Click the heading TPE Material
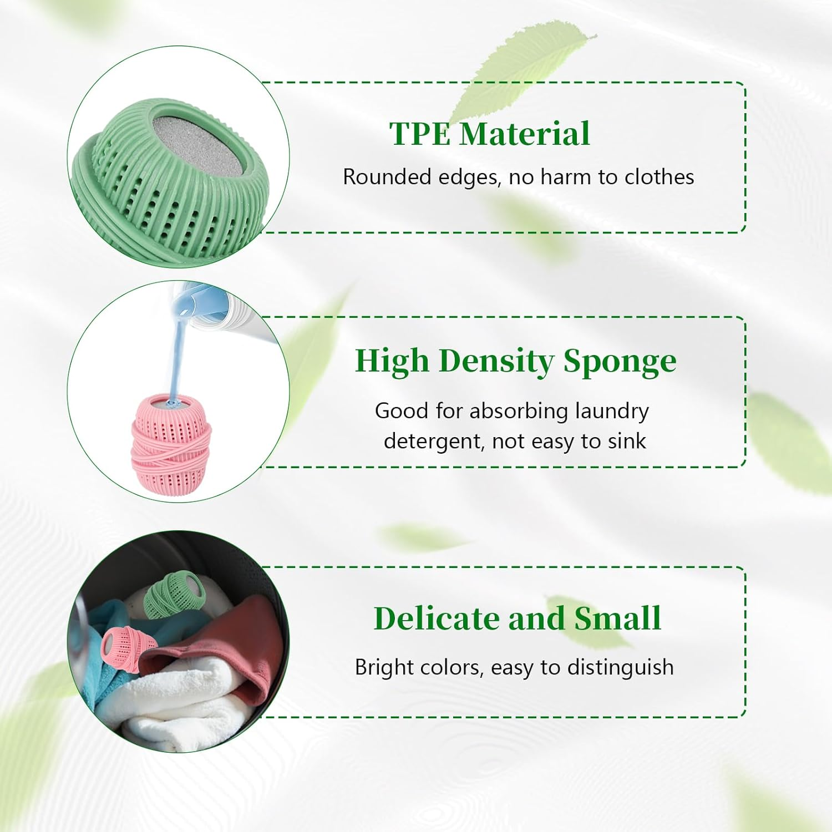coord(489,134)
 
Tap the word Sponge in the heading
coord(620,362)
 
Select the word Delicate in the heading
coord(436,618)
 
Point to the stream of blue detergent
coord(179,355)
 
